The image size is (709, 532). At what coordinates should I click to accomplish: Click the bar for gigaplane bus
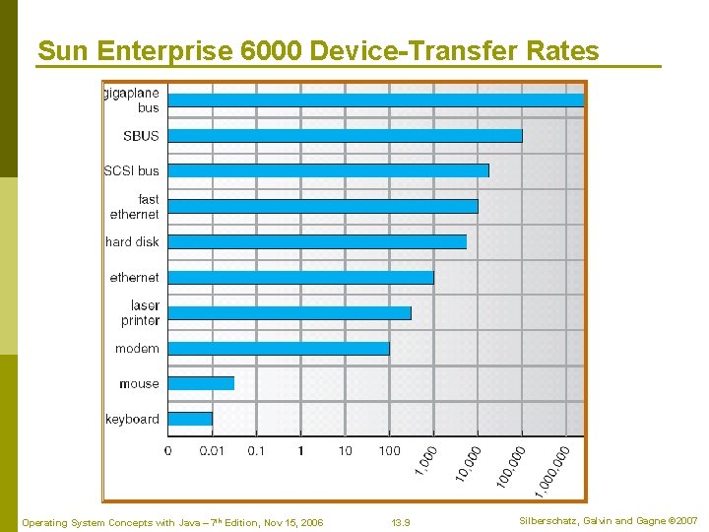(375, 100)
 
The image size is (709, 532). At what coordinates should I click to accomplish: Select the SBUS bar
(345, 135)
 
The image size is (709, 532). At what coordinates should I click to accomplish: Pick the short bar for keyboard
(190, 419)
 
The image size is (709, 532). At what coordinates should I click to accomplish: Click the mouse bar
(201, 383)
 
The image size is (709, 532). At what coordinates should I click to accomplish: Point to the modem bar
(279, 348)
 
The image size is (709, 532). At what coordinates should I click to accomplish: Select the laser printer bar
(290, 312)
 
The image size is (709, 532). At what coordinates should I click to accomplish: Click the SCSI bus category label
(132, 170)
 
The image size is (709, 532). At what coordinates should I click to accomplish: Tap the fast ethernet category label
(135, 206)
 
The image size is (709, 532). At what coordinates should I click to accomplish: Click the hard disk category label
(132, 241)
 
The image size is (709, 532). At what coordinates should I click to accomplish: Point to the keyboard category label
(132, 419)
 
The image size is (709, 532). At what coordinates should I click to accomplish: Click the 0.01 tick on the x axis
(212, 450)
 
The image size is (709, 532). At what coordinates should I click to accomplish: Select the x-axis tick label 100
(390, 450)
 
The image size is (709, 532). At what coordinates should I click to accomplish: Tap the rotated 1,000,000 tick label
(551, 471)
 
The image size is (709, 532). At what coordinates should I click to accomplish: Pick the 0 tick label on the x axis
(167, 450)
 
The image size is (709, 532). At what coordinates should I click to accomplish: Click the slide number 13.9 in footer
(401, 522)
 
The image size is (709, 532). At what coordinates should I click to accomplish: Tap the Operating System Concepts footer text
(172, 522)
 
